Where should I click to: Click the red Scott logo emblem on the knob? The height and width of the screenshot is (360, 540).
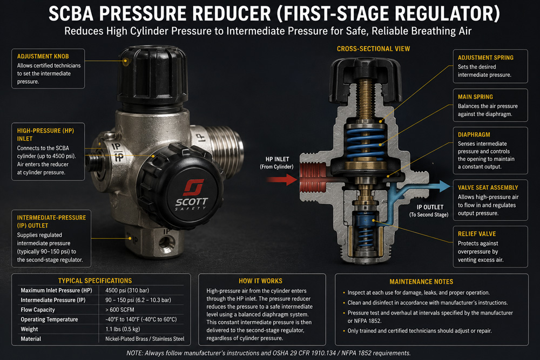(194, 187)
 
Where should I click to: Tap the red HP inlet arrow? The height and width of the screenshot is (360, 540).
(282, 180)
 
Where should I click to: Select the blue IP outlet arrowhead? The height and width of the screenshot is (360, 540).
(444, 186)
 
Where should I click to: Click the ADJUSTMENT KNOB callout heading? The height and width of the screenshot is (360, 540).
(43, 57)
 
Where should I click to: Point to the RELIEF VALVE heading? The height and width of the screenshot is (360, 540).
(477, 234)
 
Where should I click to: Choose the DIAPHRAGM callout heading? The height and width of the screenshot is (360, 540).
(474, 135)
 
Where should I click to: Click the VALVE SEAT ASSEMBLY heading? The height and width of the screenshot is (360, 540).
(488, 188)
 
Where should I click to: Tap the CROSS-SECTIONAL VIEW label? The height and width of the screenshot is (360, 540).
(373, 49)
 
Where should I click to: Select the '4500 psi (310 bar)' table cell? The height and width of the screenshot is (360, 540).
(127, 290)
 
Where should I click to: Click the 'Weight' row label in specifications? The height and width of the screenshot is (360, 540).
(29, 329)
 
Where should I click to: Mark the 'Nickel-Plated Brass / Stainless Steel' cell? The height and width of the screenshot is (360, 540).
(145, 339)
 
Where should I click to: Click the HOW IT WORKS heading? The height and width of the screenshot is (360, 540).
(260, 281)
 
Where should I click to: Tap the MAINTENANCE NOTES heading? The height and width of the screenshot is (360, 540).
(421, 282)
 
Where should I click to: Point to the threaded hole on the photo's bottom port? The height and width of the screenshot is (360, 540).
(167, 243)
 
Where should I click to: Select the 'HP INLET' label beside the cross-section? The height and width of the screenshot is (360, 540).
(277, 159)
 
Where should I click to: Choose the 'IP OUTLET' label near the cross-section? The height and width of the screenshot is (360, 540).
(430, 207)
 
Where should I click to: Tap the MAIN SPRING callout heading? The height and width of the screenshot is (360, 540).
(475, 97)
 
